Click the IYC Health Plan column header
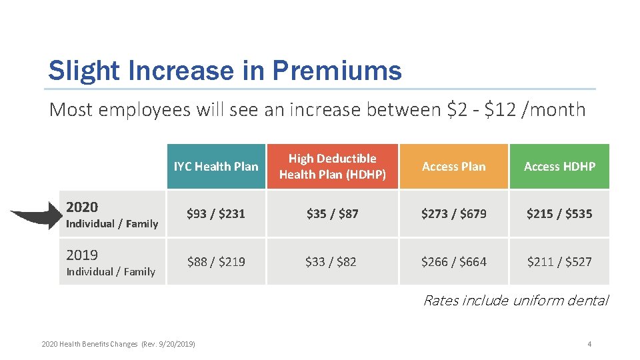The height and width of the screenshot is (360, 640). pos(216,167)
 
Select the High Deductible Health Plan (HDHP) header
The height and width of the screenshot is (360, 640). pos(332,167)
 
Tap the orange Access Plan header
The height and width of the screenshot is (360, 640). pos(453,167)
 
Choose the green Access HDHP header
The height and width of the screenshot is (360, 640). pos(559,167)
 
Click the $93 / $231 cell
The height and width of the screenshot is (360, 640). pos(216,214)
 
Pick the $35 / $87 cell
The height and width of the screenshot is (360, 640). pos(332,214)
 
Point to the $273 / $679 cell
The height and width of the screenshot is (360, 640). pos(453,214)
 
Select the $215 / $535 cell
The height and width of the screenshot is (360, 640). pos(559,214)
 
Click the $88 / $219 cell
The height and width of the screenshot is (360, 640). pos(216,262)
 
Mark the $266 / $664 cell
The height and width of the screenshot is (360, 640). pos(453,262)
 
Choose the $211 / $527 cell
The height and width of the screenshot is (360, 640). pos(559,262)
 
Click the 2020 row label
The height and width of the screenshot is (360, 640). pos(82,207)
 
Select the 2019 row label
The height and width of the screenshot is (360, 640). pos(82,255)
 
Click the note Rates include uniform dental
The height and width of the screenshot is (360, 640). pos(515,301)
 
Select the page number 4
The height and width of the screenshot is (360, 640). pos(589,344)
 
